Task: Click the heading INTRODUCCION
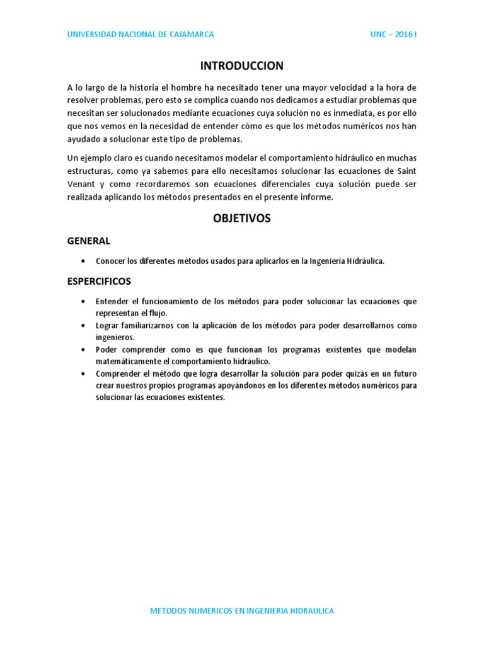point(242,66)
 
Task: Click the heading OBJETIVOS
point(242,218)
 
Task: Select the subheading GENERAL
point(89,241)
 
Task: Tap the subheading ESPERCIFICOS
point(99,281)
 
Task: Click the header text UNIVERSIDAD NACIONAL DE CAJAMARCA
point(141,35)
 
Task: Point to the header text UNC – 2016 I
point(393,35)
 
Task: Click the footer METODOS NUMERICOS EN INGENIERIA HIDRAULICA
point(242,611)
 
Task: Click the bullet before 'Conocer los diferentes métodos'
point(84,261)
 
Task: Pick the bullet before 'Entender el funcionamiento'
point(84,302)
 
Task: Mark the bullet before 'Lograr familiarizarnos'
point(84,326)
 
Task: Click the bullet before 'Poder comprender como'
point(84,350)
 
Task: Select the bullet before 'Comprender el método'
point(84,374)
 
